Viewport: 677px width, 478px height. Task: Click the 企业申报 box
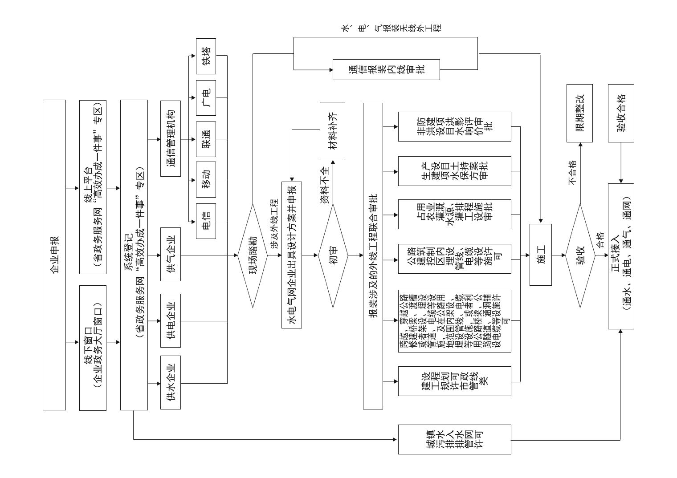pyautogui.click(x=54, y=255)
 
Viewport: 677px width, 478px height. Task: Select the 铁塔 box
pyautogui.click(x=206, y=57)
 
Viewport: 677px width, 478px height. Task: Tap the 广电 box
pyautogui.click(x=206, y=98)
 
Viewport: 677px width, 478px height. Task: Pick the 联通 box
pyautogui.click(x=206, y=139)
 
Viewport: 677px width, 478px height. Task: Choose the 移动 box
pyautogui.click(x=206, y=180)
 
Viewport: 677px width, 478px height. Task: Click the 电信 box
pyautogui.click(x=206, y=221)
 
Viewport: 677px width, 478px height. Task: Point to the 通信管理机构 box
pyautogui.click(x=171, y=139)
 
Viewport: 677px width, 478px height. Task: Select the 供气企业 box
pyautogui.click(x=171, y=254)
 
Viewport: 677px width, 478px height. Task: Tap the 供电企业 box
pyautogui.click(x=171, y=320)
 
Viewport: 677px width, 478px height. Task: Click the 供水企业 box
pyautogui.click(x=171, y=382)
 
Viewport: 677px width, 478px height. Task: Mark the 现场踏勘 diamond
pyautogui.click(x=253, y=255)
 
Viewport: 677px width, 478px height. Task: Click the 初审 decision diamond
pyautogui.click(x=333, y=255)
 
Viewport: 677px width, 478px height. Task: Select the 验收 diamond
pyautogui.click(x=580, y=255)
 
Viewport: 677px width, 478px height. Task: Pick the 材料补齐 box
pyautogui.click(x=332, y=131)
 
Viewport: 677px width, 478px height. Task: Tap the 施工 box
pyautogui.click(x=541, y=255)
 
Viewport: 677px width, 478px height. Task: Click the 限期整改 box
pyautogui.click(x=579, y=113)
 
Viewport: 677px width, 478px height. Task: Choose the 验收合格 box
pyautogui.click(x=621, y=113)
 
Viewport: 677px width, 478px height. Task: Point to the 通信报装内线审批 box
pyautogui.click(x=386, y=69)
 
